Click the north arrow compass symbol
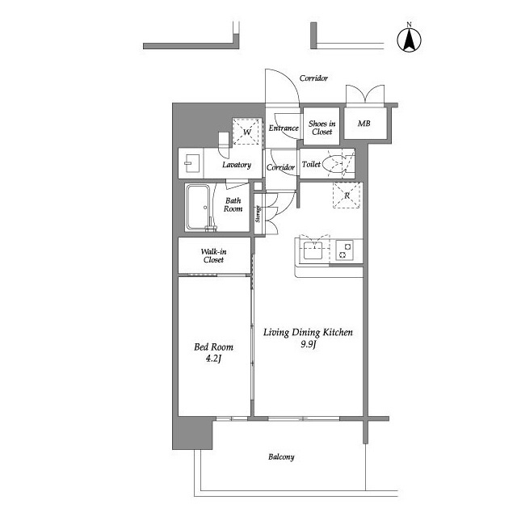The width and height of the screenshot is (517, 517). pos(409,40)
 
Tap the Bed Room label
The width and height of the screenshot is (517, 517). pos(213,347)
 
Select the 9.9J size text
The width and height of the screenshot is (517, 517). pos(309,345)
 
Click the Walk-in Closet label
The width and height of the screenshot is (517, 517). pos(213,255)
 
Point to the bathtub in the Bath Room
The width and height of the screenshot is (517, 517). pos(198,208)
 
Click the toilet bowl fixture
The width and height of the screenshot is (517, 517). pos(334,164)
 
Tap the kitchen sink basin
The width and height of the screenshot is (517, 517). pos(313,250)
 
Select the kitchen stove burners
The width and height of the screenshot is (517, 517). pos(345,250)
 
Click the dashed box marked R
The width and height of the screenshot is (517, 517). pos(347,195)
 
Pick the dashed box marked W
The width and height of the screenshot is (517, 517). pos(247,132)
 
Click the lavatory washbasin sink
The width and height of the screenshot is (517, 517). pos(191,163)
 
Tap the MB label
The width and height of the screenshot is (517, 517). pos(364,124)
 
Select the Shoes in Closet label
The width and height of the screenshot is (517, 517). pos(322,128)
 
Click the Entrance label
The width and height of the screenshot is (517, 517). pos(284,128)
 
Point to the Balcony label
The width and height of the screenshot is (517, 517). pos(281,457)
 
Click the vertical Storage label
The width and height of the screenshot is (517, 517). pos(258,213)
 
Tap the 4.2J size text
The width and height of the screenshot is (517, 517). pos(213,359)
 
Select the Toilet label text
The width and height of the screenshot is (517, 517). pos(311,164)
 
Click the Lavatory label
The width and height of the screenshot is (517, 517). pos(237,165)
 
